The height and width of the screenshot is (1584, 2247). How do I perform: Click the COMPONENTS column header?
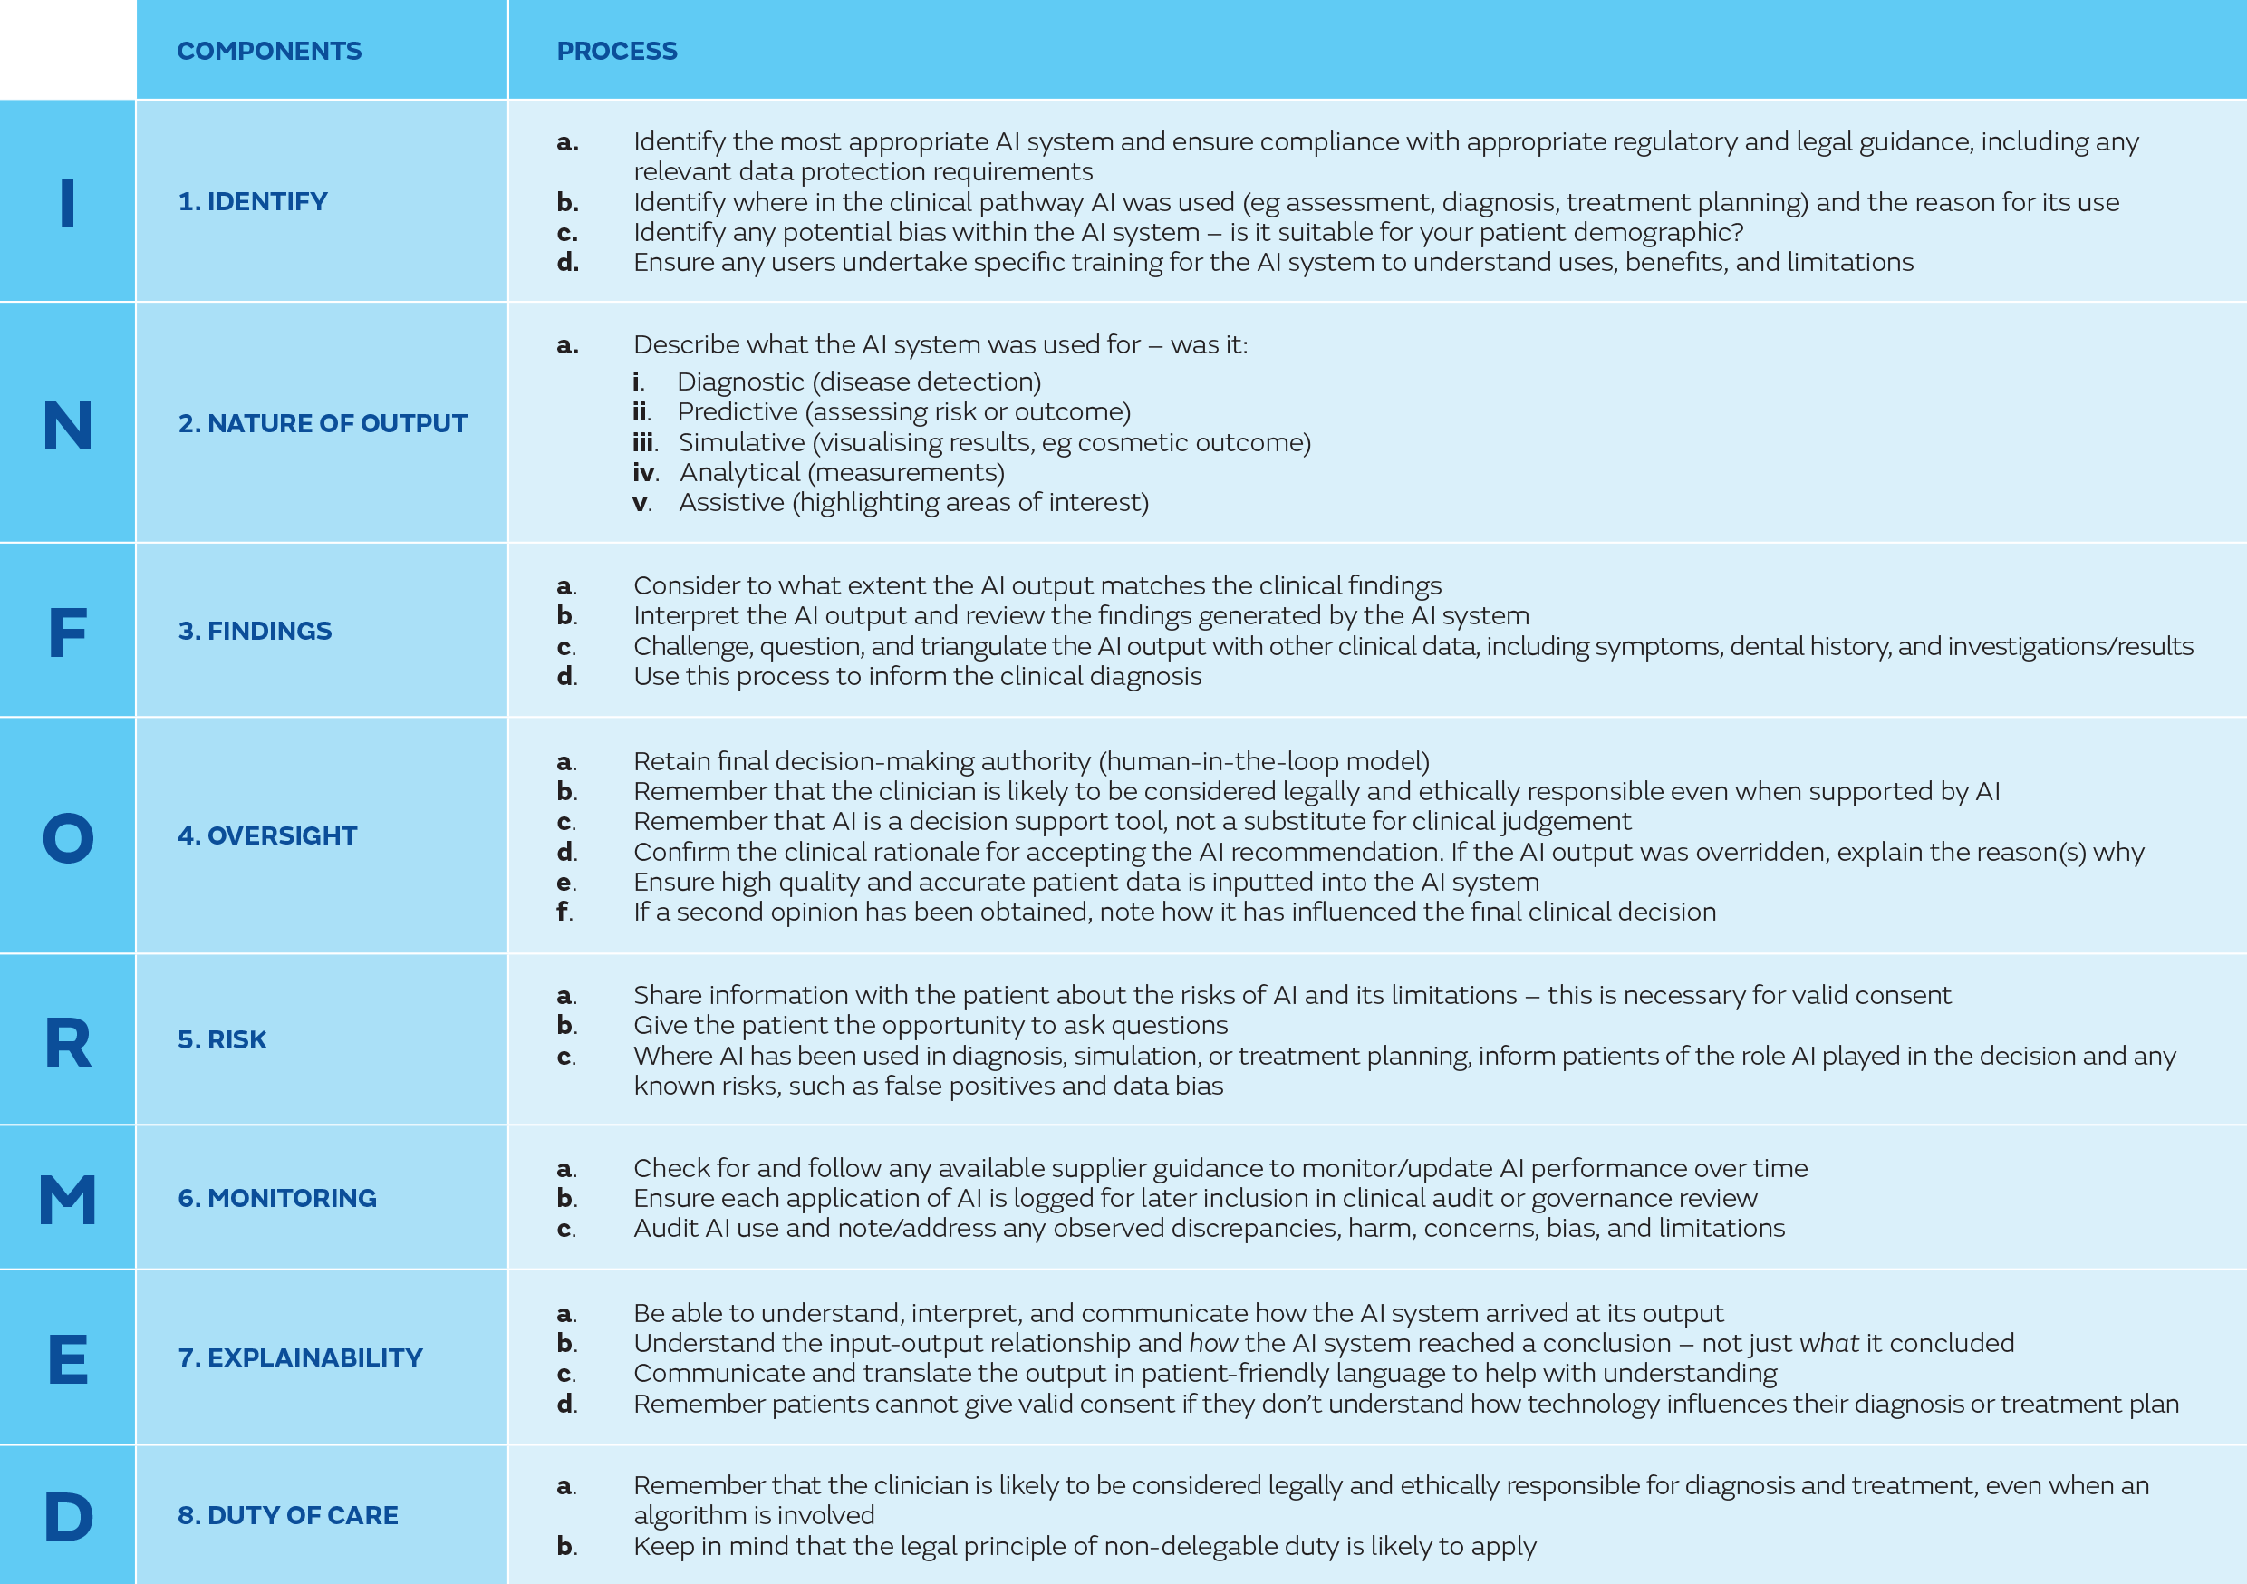pos(269,51)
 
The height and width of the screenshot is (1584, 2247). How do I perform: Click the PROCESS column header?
pos(616,51)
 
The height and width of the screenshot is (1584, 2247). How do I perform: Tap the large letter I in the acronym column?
pos(68,203)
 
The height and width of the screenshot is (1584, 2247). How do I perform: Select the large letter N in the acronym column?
pos(68,425)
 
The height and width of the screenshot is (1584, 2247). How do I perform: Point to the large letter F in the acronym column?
pos(68,633)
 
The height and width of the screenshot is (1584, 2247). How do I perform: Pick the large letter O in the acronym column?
pos(68,838)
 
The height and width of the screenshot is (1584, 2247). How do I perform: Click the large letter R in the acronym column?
pos(68,1043)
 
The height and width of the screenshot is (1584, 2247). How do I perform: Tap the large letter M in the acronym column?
pos(68,1201)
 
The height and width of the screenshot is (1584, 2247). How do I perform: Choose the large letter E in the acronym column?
pos(68,1360)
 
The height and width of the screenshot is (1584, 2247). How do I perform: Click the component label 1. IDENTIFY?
pos(253,202)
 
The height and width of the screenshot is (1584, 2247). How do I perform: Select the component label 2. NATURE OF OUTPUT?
pos(322,424)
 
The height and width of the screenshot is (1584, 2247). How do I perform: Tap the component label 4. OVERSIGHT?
pos(267,836)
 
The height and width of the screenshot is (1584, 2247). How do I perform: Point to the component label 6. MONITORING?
pos(277,1198)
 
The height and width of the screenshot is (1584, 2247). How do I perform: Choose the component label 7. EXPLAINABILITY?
pos(300,1357)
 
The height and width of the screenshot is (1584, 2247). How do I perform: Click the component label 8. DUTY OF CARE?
pos(288,1515)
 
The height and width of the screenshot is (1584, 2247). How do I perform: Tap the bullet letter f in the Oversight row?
pos(563,912)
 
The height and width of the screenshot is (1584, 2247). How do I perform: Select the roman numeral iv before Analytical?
pos(644,473)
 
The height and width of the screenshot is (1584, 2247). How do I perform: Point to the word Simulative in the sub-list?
pos(741,442)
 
